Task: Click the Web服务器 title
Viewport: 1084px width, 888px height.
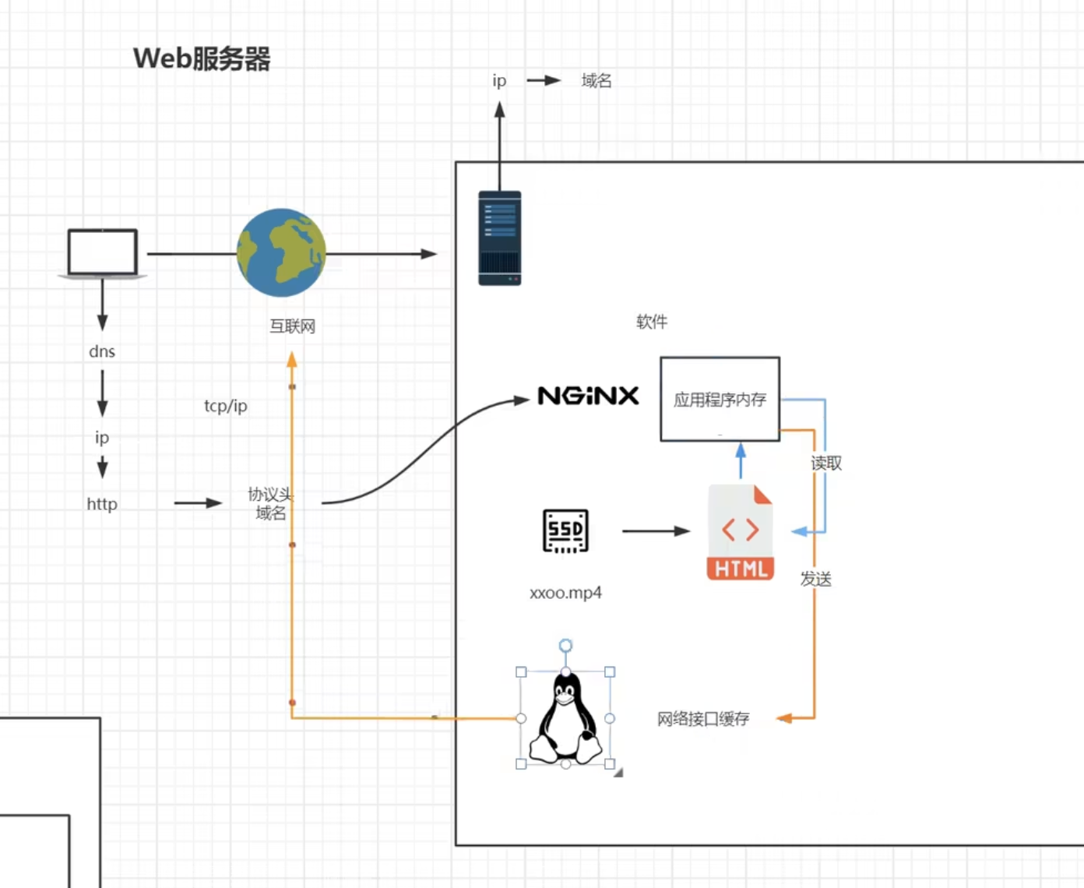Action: coord(202,58)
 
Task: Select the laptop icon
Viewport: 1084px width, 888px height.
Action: coord(103,253)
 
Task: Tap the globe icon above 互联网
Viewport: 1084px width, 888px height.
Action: coord(281,252)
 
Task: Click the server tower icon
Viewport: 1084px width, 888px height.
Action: coord(499,238)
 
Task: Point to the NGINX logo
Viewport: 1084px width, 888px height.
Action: coord(588,396)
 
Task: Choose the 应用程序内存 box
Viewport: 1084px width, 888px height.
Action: coord(720,400)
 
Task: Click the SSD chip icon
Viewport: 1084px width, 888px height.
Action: coord(565,531)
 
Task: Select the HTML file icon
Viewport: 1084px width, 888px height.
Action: coord(741,533)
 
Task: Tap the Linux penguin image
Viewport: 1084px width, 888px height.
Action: coord(566,718)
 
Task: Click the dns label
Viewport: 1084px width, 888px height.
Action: coord(102,351)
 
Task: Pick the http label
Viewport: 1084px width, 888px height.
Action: coord(102,504)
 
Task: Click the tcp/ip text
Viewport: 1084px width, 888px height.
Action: coord(226,406)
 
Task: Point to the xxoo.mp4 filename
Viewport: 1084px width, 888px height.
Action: coord(565,593)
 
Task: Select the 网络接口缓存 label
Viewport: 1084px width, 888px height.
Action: coord(702,719)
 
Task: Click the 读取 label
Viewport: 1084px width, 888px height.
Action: coord(826,463)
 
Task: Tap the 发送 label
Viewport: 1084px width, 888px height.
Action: coord(816,579)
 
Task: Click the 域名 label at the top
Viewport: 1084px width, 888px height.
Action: coord(597,80)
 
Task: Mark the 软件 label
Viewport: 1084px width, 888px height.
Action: coord(652,322)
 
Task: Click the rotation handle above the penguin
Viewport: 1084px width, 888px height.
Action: coord(566,645)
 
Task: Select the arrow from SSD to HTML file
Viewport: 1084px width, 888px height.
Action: coord(656,531)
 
